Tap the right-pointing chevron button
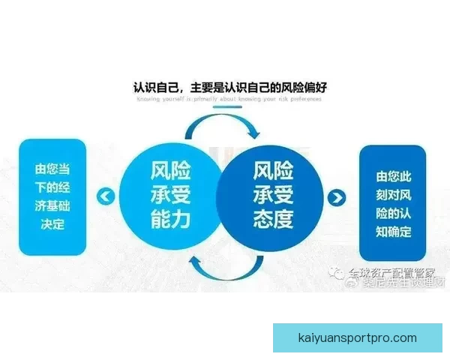[x=338, y=197]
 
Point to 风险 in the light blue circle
[x=170, y=171]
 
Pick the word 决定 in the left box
[x=53, y=223]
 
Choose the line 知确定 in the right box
[x=394, y=232]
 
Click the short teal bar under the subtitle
[x=226, y=107]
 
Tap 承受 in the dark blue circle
[x=273, y=195]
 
